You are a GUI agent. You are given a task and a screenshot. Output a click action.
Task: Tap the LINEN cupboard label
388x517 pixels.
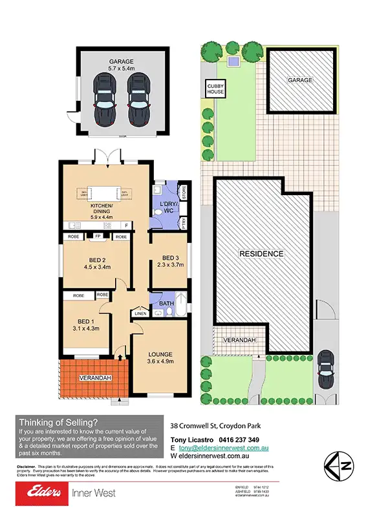140,314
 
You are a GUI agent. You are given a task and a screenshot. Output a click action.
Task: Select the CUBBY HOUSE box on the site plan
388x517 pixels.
215,89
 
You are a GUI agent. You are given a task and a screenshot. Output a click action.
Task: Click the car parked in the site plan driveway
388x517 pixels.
326,374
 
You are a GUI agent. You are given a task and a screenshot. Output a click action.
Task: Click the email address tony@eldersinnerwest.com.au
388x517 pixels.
224,447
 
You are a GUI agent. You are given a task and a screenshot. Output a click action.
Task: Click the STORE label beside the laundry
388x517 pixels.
184,192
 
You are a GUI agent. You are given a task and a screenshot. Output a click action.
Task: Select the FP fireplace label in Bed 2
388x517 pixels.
98,237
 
